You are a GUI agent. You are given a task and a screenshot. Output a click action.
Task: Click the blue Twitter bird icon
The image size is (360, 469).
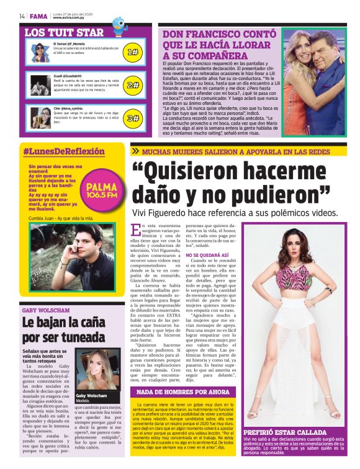[x=119, y=26]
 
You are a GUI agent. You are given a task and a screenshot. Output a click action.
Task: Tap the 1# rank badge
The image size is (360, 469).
[x=132, y=52]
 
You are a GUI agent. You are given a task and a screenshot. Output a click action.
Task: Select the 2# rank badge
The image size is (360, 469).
[x=132, y=85]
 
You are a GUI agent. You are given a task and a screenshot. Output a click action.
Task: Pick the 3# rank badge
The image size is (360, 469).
[x=132, y=117]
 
